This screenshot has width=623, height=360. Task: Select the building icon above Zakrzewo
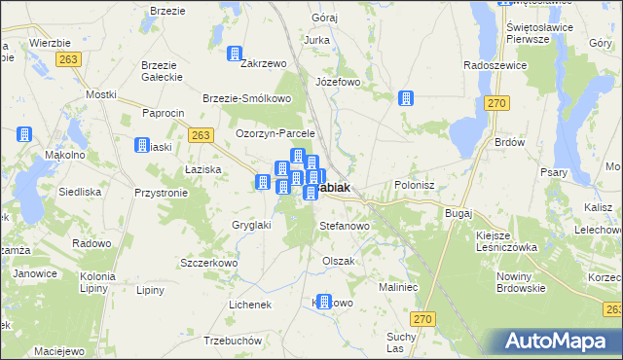(235, 54)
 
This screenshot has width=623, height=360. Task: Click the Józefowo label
(337, 82)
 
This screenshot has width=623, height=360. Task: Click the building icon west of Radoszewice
(406, 98)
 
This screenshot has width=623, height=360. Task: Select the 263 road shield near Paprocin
(202, 135)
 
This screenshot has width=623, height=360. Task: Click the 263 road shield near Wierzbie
(68, 59)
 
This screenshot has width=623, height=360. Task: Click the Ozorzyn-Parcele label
(276, 133)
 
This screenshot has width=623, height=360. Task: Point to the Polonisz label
(421, 184)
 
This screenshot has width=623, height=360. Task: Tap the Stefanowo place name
(345, 226)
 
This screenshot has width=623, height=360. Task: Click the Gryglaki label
(251, 225)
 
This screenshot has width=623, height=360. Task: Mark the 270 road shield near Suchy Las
(421, 318)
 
